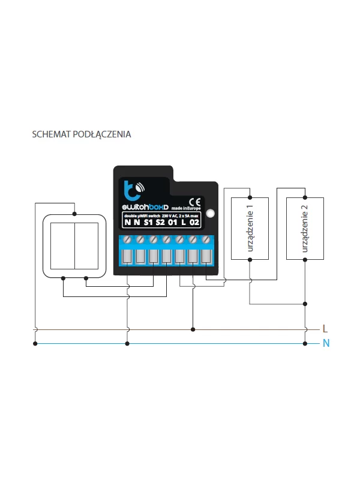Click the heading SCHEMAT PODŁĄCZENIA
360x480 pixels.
pyautogui.click(x=81, y=134)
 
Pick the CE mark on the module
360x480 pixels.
pyautogui.click(x=194, y=202)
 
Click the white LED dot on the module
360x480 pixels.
pyautogui.click(x=209, y=213)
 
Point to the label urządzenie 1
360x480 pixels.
pyautogui.click(x=250, y=227)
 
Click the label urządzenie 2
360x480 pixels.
pyautogui.click(x=304, y=227)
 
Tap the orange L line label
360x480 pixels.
pyautogui.click(x=325, y=329)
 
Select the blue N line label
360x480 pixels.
pyautogui.click(x=326, y=344)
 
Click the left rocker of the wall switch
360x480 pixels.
pyautogui.click(x=61, y=246)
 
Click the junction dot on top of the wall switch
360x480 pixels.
pyautogui.click(x=74, y=213)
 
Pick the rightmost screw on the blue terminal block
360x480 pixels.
pyautogui.click(x=206, y=240)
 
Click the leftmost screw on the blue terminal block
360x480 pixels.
pyautogui.click(x=127, y=240)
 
